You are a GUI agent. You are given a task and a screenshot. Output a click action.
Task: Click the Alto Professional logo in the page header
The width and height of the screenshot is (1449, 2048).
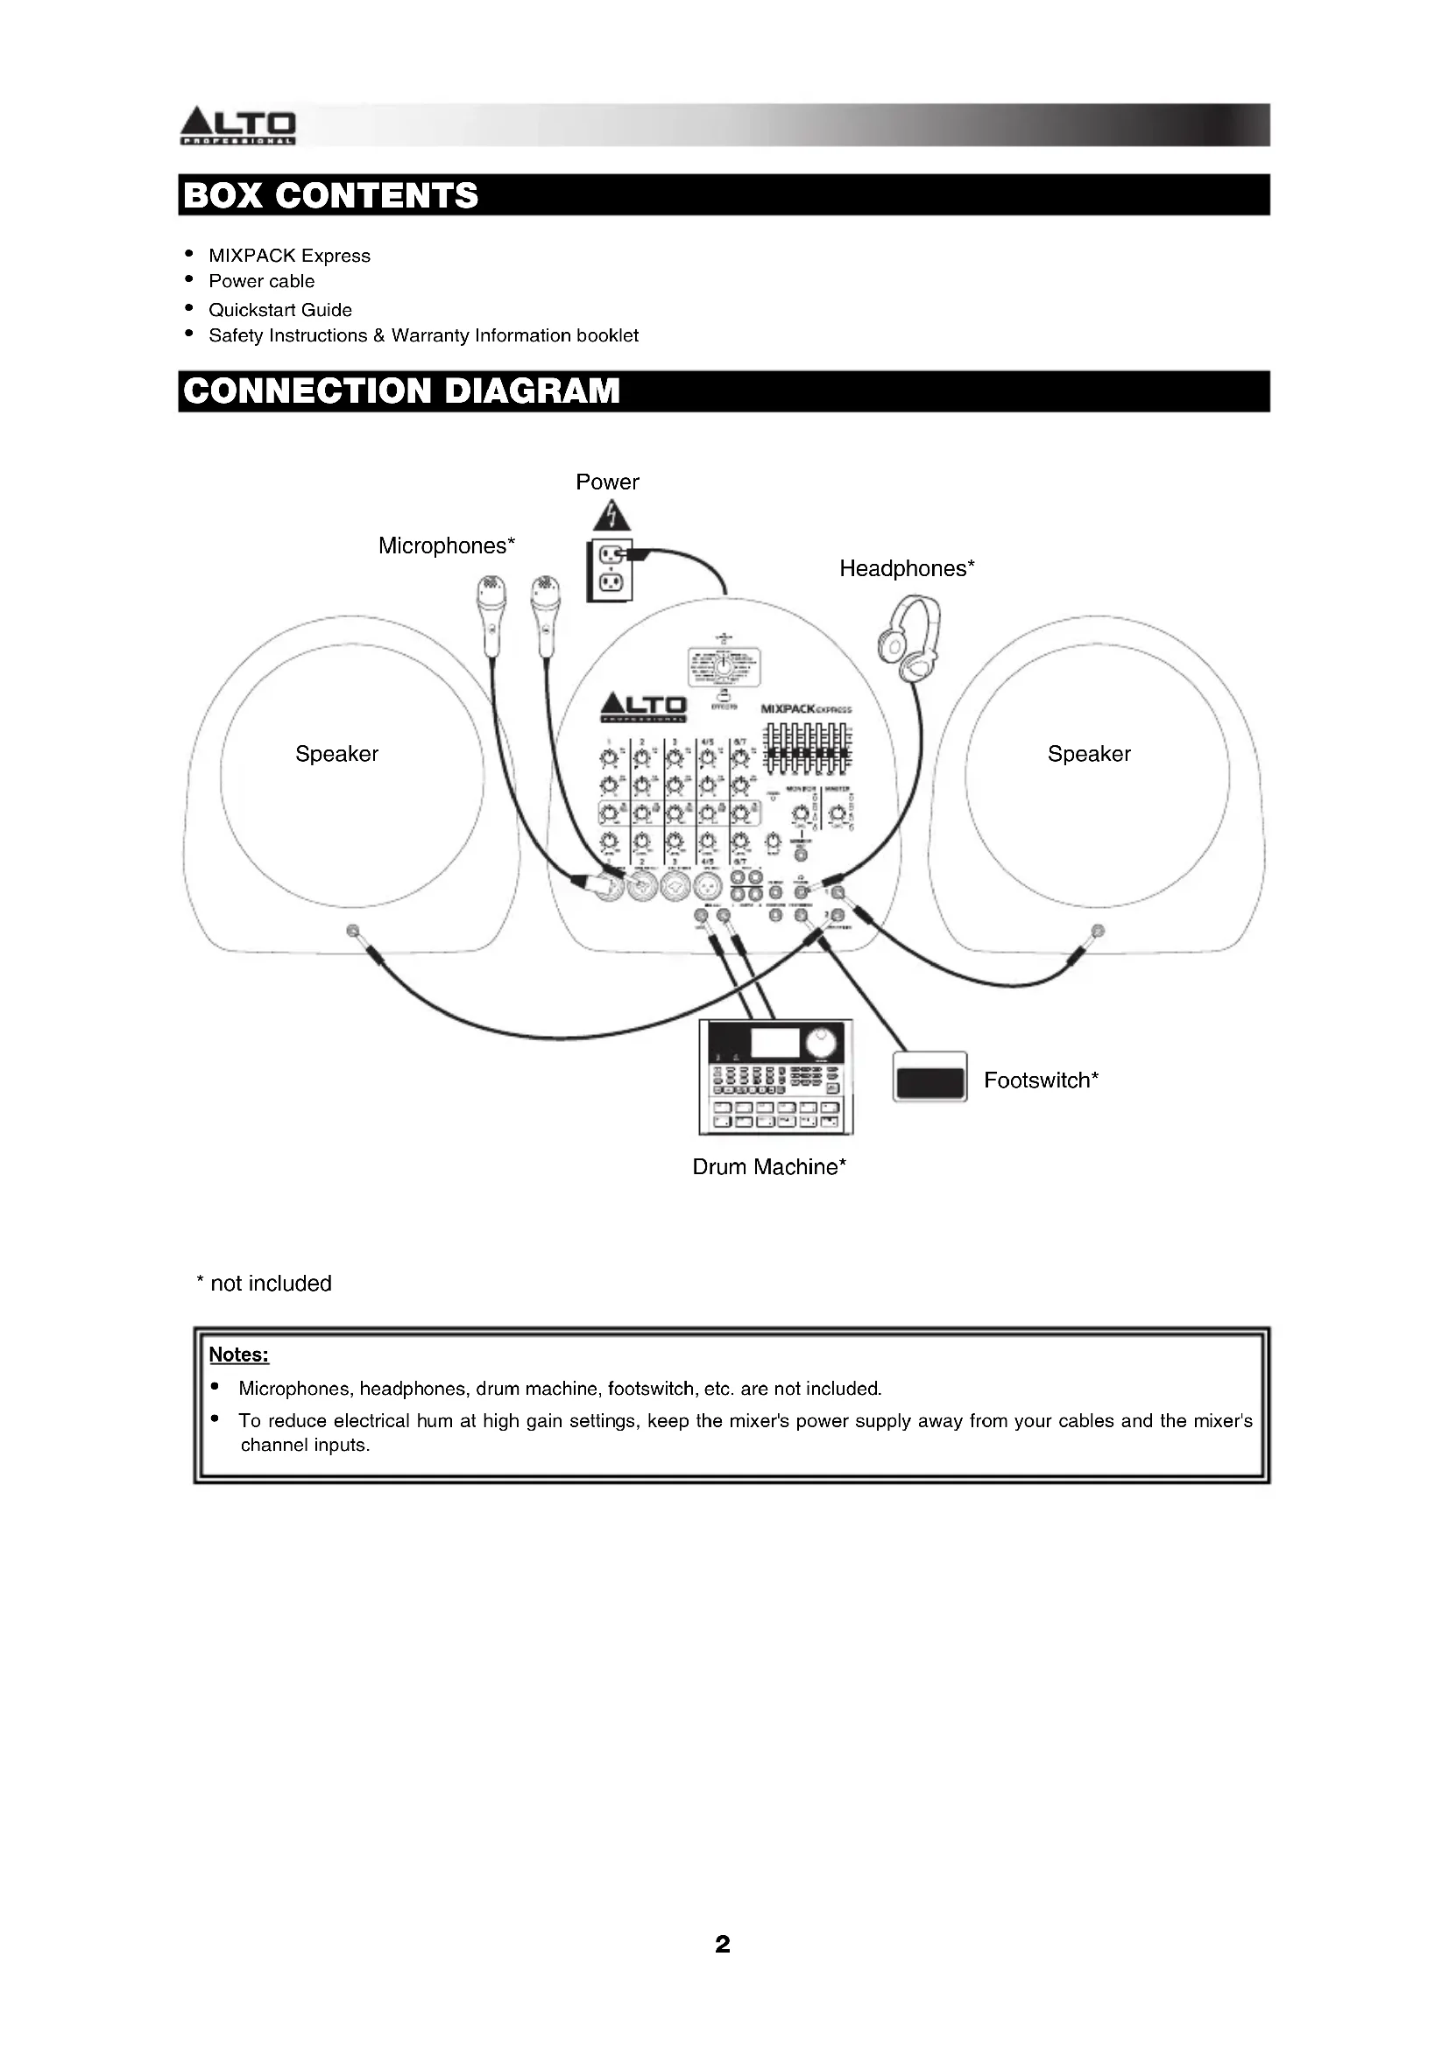pos(237,126)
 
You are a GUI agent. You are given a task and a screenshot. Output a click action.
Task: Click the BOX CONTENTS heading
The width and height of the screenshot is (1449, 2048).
pos(331,195)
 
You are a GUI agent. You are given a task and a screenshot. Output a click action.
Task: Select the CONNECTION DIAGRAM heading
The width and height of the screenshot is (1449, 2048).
pos(400,391)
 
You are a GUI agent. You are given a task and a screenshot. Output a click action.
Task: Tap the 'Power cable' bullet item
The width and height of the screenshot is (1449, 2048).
pos(261,281)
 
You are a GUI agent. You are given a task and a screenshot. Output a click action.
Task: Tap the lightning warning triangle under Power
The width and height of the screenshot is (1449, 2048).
pos(611,516)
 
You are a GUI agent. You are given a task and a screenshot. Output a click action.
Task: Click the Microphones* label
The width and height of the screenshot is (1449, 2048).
pos(446,545)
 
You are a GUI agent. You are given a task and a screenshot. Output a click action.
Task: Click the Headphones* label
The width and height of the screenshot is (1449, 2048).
pos(907,568)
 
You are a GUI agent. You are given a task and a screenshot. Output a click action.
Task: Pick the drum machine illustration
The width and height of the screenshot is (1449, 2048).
pos(775,1077)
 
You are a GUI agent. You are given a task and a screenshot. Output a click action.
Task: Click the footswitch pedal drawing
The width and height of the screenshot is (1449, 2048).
pos(929,1077)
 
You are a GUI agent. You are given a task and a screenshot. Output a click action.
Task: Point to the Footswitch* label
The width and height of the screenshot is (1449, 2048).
pos(1041,1080)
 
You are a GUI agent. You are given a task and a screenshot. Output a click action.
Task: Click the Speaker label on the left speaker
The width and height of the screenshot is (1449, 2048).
pos(336,754)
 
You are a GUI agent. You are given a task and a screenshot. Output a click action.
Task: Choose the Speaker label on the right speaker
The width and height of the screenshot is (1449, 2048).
pos(1089,754)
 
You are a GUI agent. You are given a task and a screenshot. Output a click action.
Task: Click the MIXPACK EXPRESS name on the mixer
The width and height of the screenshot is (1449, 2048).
pos(806,709)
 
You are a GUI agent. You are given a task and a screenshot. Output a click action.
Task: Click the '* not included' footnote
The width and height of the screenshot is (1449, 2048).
pos(264,1283)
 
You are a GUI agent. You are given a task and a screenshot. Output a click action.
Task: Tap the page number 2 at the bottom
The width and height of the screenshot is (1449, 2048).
pos(723,1944)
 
